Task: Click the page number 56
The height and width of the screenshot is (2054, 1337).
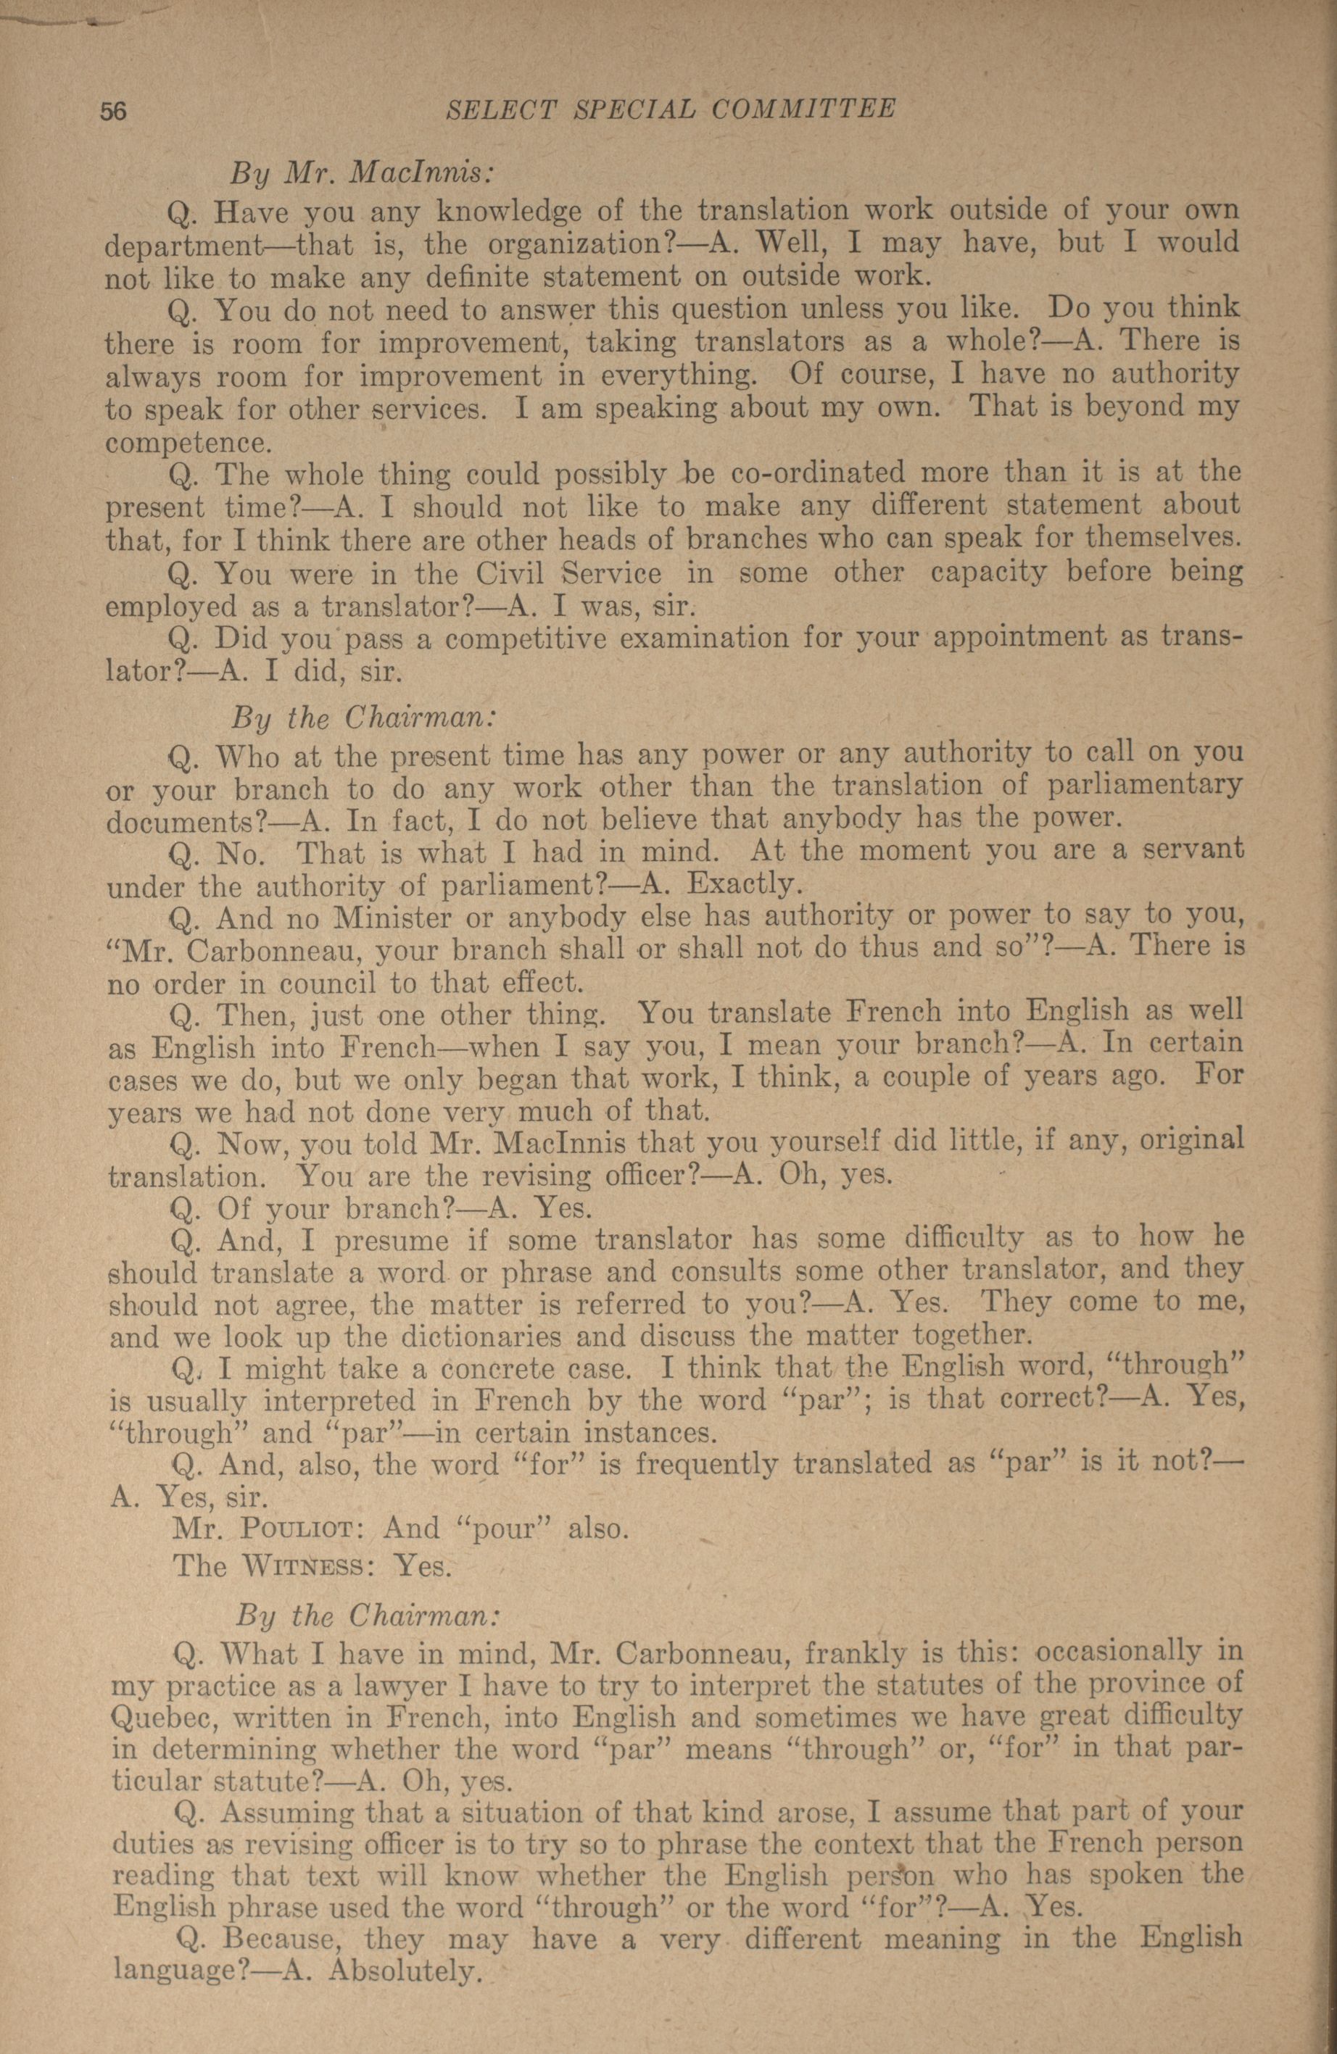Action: click(115, 110)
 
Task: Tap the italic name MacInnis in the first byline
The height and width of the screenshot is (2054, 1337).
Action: click(421, 173)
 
